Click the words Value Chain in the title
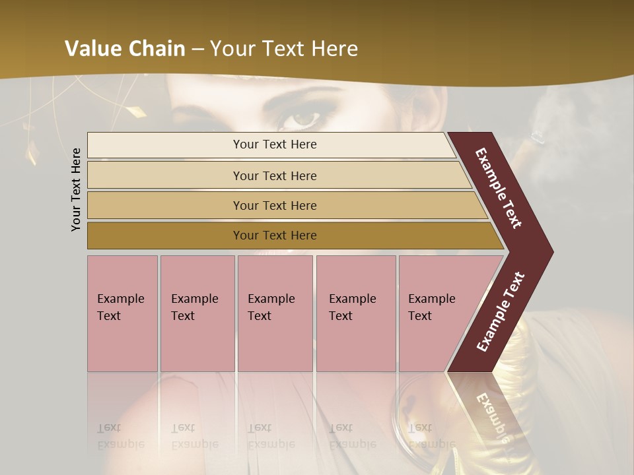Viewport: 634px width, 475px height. (x=125, y=49)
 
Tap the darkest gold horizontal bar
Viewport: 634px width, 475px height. (x=165, y=236)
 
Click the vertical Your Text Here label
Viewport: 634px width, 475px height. (x=76, y=189)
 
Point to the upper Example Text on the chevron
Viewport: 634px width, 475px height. (x=499, y=188)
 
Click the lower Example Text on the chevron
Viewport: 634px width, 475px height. (x=501, y=311)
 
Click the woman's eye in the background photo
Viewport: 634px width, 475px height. (x=305, y=119)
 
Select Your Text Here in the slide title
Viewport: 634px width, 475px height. (x=284, y=49)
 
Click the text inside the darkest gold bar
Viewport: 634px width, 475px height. (x=275, y=236)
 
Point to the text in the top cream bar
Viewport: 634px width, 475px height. (x=275, y=144)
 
